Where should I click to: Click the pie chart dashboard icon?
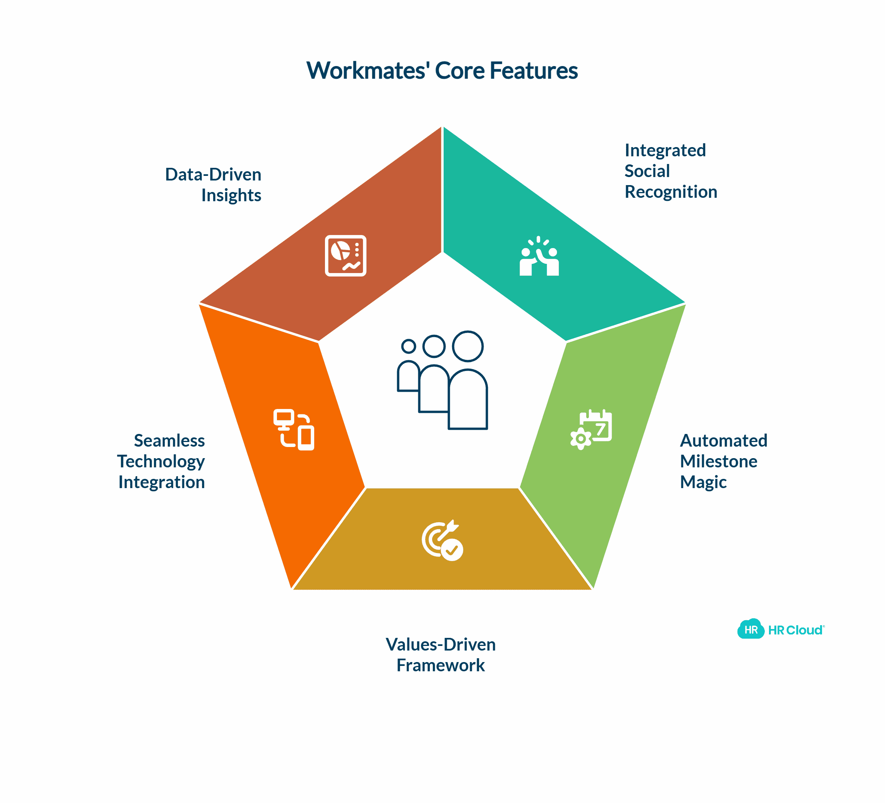coord(345,256)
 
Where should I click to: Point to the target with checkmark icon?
coord(442,541)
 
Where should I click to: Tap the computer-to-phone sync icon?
coord(294,430)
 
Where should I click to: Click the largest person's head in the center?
coord(468,346)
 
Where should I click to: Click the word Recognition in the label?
coord(670,192)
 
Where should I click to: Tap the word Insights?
coord(231,195)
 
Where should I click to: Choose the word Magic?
coord(703,482)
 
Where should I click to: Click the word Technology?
coord(161,462)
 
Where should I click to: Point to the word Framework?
coord(440,665)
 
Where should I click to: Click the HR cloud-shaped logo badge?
coord(750,630)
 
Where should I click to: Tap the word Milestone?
coord(718,461)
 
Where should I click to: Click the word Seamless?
coord(169,440)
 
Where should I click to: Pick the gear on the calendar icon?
coord(580,438)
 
